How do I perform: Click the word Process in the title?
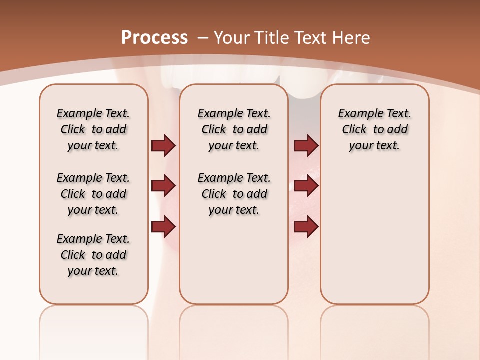point(154,38)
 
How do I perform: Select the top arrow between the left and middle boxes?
point(163,146)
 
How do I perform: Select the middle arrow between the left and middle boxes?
point(163,186)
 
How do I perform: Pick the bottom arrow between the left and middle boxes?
point(163,226)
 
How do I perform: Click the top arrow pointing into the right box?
point(306,146)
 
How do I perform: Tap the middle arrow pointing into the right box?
point(306,186)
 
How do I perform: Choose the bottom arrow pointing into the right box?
point(306,226)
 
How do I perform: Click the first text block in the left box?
point(93,129)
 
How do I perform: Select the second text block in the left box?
point(93,194)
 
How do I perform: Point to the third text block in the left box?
point(93,255)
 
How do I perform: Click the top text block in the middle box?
point(234,129)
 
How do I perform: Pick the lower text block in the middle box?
point(234,194)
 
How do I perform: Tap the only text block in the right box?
point(374,129)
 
